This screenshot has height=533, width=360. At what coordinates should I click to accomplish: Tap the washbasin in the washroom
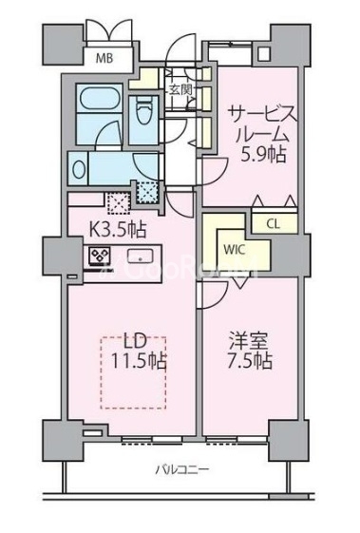coord(80,169)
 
